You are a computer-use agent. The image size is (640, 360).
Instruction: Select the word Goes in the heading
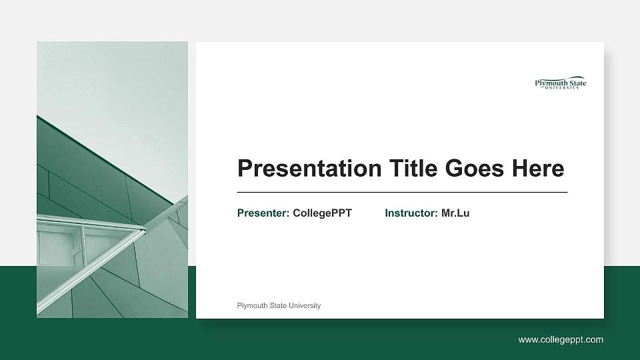pos(475,169)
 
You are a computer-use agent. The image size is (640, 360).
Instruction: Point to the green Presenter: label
pos(263,213)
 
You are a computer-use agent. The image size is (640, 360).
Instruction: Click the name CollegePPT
pos(322,213)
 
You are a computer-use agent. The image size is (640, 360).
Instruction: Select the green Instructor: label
pos(411,213)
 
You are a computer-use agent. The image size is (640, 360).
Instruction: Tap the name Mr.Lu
pos(455,213)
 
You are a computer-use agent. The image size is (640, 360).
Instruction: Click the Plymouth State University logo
pos(561,83)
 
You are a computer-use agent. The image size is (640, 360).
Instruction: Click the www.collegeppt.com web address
pos(561,340)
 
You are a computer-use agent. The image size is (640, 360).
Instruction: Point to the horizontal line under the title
pos(402,192)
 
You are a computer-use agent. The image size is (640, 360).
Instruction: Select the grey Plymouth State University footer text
pos(279,305)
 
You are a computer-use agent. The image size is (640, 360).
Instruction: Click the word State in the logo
pos(575,83)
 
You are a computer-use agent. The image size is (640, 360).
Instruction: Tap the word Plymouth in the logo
pos(549,83)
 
